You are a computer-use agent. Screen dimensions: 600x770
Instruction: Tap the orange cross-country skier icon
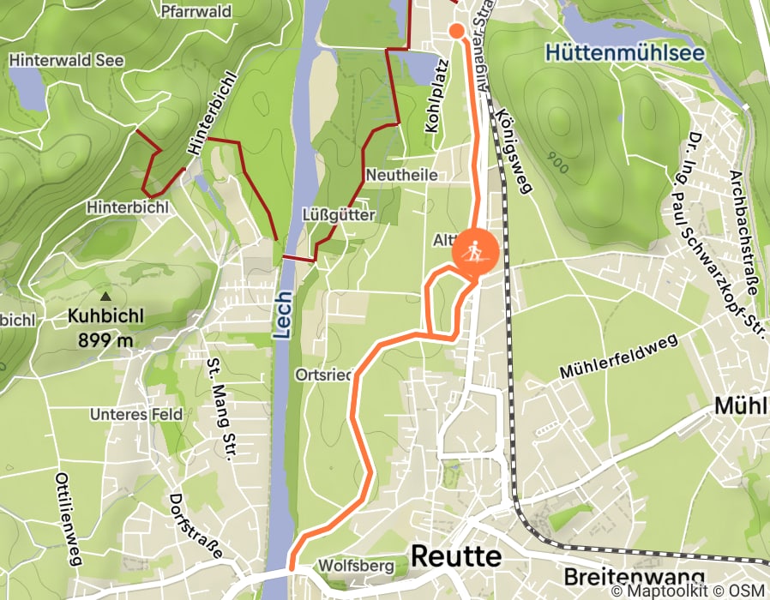click(x=474, y=252)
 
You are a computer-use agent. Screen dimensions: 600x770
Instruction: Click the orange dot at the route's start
click(x=457, y=32)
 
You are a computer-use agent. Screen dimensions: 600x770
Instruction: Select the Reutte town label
click(x=455, y=556)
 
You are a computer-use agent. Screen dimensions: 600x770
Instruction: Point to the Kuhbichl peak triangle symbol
click(x=106, y=296)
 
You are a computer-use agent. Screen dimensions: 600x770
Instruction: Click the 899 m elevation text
click(x=106, y=340)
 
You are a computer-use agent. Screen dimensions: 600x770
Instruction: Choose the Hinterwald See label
click(x=66, y=61)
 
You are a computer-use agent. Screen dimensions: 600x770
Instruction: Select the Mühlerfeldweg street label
click(x=618, y=357)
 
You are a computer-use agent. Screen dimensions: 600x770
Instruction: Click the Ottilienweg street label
click(x=68, y=519)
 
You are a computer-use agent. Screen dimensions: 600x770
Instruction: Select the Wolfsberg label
click(x=355, y=566)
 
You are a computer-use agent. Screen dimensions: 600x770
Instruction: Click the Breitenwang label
click(x=635, y=576)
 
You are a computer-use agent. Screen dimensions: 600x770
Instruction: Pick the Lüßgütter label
click(x=339, y=214)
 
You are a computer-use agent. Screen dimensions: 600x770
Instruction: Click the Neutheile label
click(x=401, y=175)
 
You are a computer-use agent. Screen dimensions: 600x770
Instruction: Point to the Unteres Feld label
click(x=136, y=414)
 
